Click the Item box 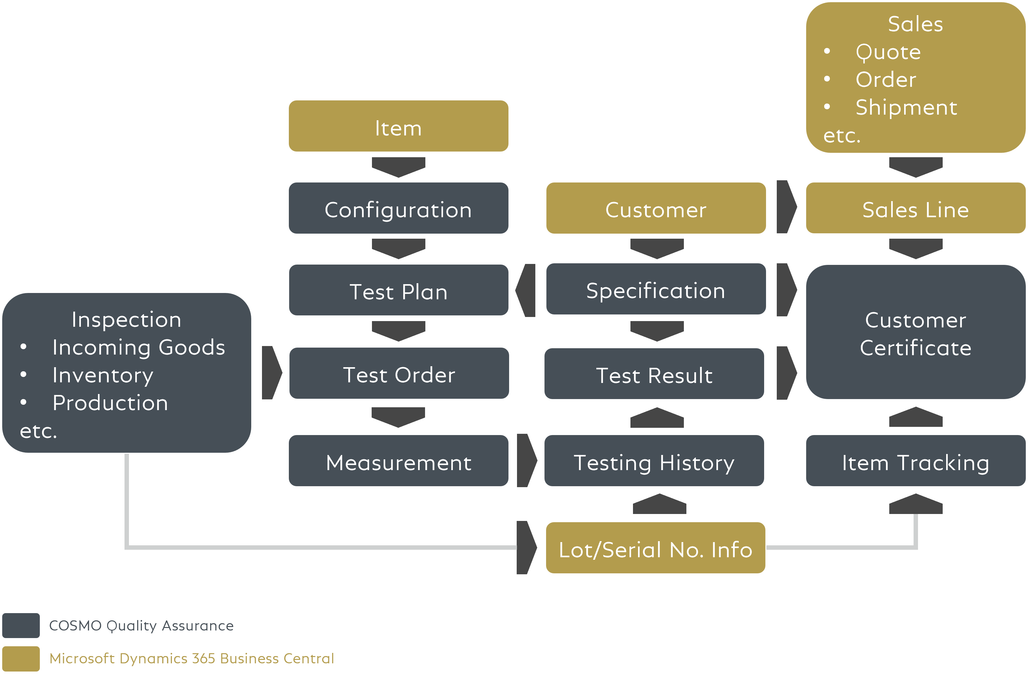click(398, 126)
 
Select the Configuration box click(398, 208)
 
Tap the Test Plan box click(398, 290)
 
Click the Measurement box click(398, 461)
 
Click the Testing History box click(654, 461)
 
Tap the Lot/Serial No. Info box click(655, 548)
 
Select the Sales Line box click(915, 208)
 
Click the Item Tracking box click(915, 461)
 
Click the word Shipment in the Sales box click(906, 107)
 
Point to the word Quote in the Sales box click(888, 52)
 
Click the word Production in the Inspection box click(110, 403)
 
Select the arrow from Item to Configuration click(398, 167)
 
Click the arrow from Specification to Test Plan click(526, 290)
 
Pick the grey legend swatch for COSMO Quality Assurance click(21, 625)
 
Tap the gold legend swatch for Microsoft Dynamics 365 click(21, 658)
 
